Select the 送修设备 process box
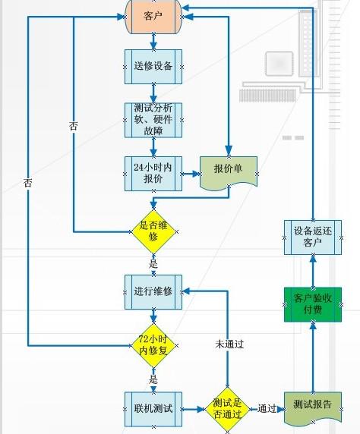click(153, 65)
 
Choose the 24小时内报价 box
click(153, 173)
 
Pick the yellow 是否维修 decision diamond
click(153, 231)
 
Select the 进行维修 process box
click(153, 292)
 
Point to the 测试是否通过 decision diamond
click(227, 408)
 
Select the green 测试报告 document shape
click(311, 407)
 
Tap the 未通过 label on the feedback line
click(229, 344)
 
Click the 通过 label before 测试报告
click(266, 408)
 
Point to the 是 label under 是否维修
click(153, 263)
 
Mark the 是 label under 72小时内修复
click(153, 379)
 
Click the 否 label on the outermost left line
click(28, 183)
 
